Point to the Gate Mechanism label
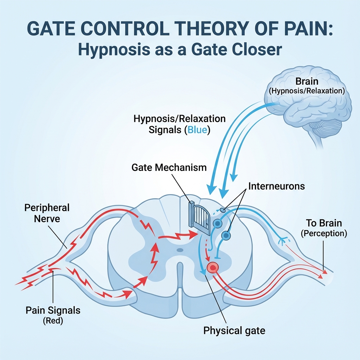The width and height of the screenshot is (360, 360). (169, 167)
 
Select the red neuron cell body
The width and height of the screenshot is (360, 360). (213, 268)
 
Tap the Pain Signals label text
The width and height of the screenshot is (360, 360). (53, 310)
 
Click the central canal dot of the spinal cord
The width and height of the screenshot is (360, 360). (180, 250)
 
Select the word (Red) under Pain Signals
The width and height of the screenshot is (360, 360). (53, 321)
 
